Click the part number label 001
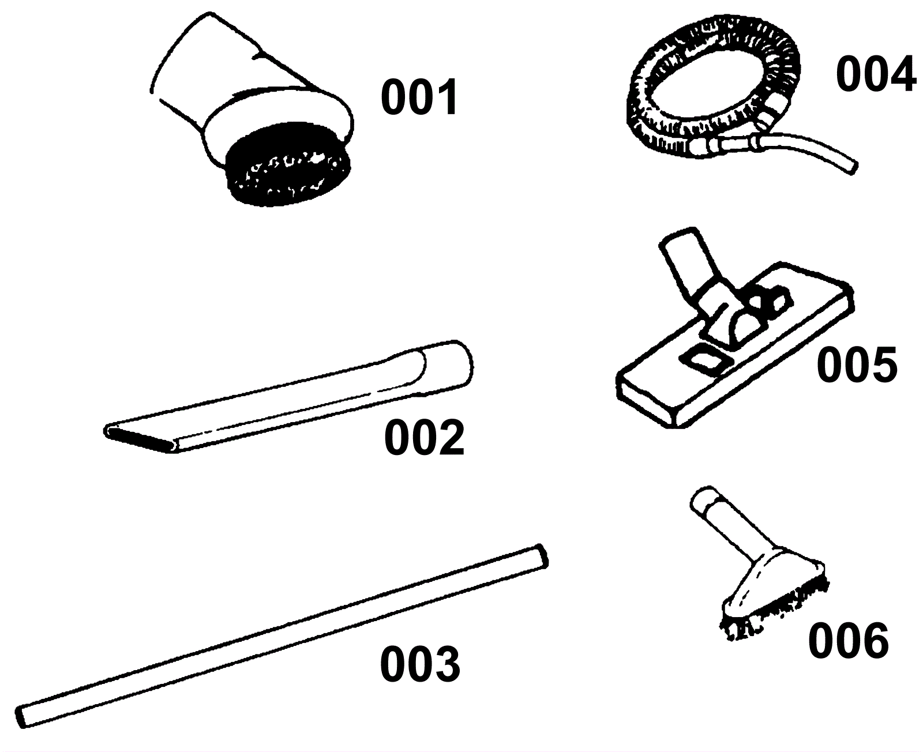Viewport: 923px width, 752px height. [419, 98]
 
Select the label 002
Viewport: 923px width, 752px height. [424, 438]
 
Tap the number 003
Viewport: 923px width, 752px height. [420, 664]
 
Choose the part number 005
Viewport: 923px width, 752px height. [857, 364]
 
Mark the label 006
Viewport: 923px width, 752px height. [848, 642]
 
